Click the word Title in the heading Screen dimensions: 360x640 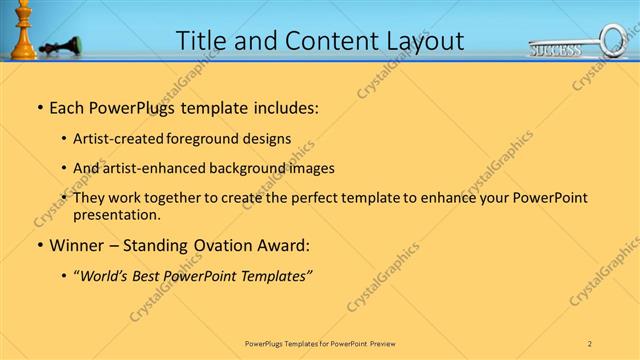[203, 41]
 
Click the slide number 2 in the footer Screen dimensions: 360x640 [590, 343]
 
